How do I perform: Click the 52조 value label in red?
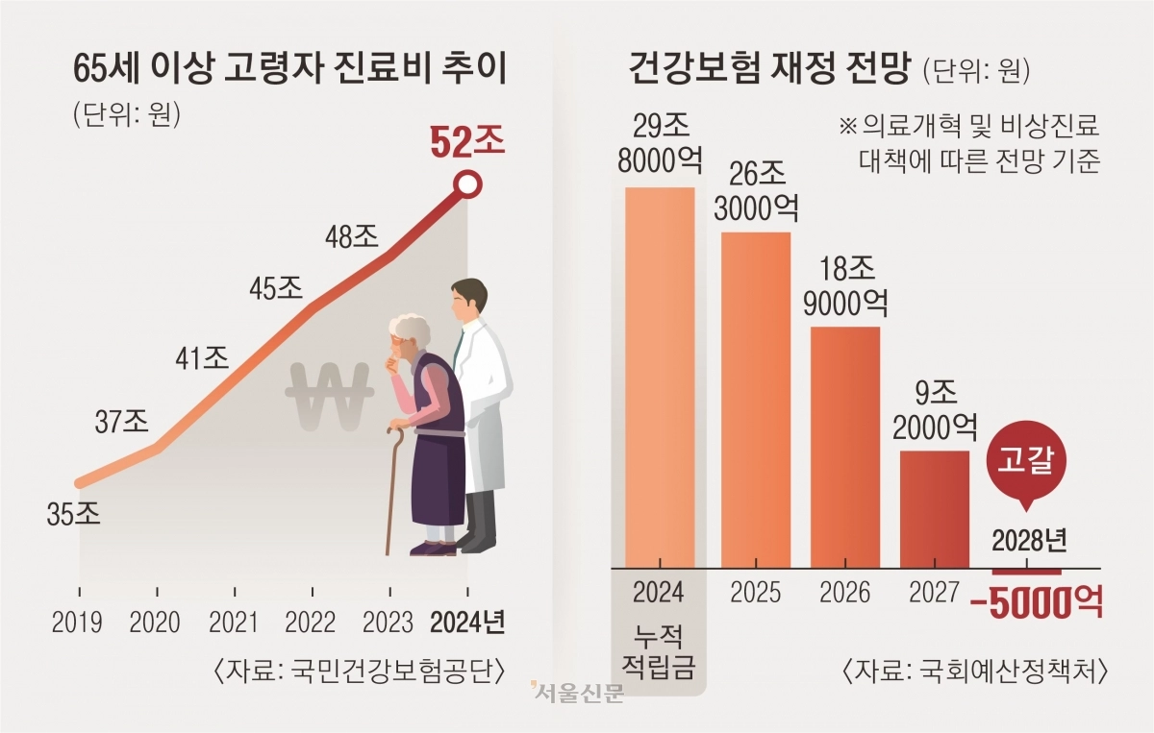[x=466, y=143]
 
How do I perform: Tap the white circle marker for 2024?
[x=467, y=183]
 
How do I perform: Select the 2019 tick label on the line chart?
[x=79, y=622]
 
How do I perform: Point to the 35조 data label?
[x=73, y=515]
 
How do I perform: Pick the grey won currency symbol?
[x=328, y=396]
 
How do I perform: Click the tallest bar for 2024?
[x=660, y=375]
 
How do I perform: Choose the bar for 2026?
[x=845, y=446]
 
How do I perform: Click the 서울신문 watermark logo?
[x=577, y=693]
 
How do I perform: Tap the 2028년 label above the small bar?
[x=1028, y=540]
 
